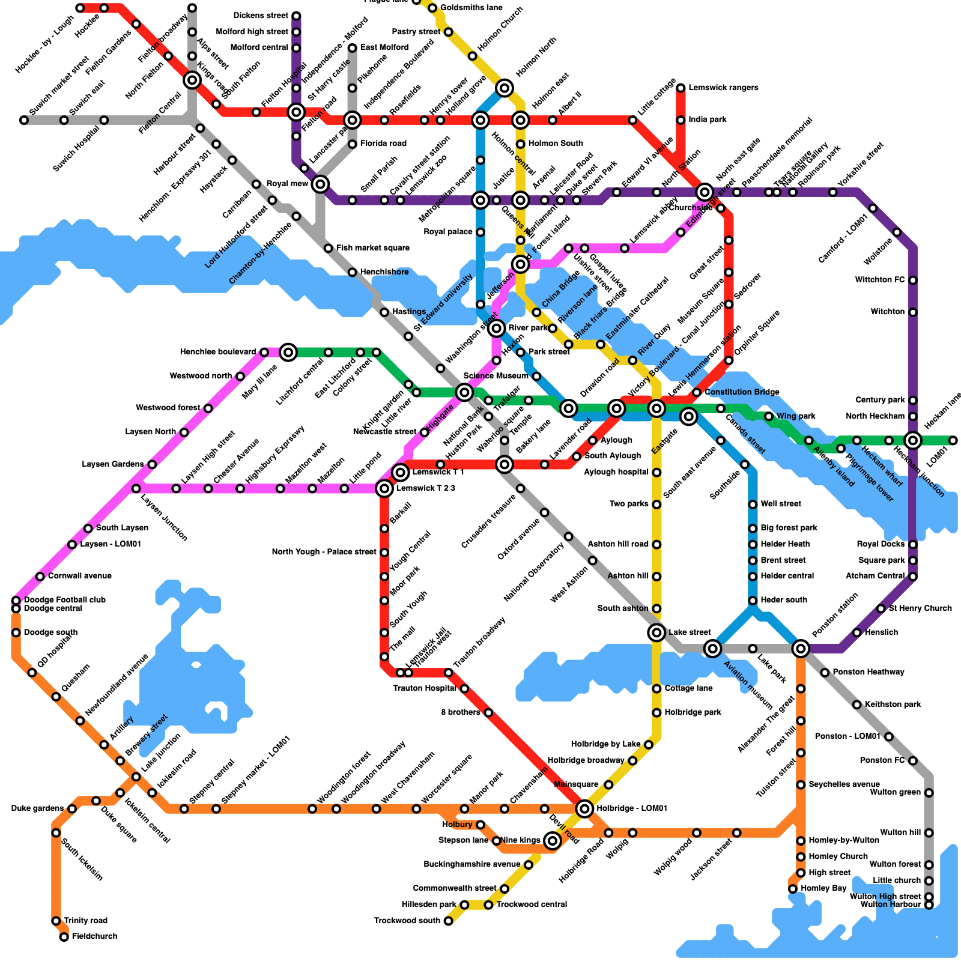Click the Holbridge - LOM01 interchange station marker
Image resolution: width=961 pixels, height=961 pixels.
(584, 808)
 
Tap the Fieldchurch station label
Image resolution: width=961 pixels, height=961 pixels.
(94, 936)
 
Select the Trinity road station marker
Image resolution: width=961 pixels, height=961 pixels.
(56, 921)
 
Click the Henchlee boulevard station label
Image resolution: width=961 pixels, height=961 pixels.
(218, 352)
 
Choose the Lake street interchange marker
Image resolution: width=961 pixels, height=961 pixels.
(656, 632)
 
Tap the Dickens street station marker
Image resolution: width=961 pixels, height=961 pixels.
(296, 16)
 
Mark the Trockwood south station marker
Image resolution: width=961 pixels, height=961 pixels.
(448, 921)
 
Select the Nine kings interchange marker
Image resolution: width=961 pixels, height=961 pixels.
(553, 840)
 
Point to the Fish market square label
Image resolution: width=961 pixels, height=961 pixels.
(372, 248)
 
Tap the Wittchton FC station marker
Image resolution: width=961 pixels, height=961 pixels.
(913, 280)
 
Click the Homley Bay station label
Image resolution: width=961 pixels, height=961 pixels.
(823, 888)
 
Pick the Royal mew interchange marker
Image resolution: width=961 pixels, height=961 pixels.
(321, 184)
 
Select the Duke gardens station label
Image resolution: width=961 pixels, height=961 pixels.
(37, 808)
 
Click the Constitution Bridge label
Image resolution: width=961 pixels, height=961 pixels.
(742, 392)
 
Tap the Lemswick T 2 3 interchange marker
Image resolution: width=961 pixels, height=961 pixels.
(384, 489)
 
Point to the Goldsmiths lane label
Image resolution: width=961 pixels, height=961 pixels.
(471, 8)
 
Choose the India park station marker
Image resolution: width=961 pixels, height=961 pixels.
(681, 120)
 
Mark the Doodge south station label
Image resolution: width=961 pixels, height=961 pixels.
(50, 632)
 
